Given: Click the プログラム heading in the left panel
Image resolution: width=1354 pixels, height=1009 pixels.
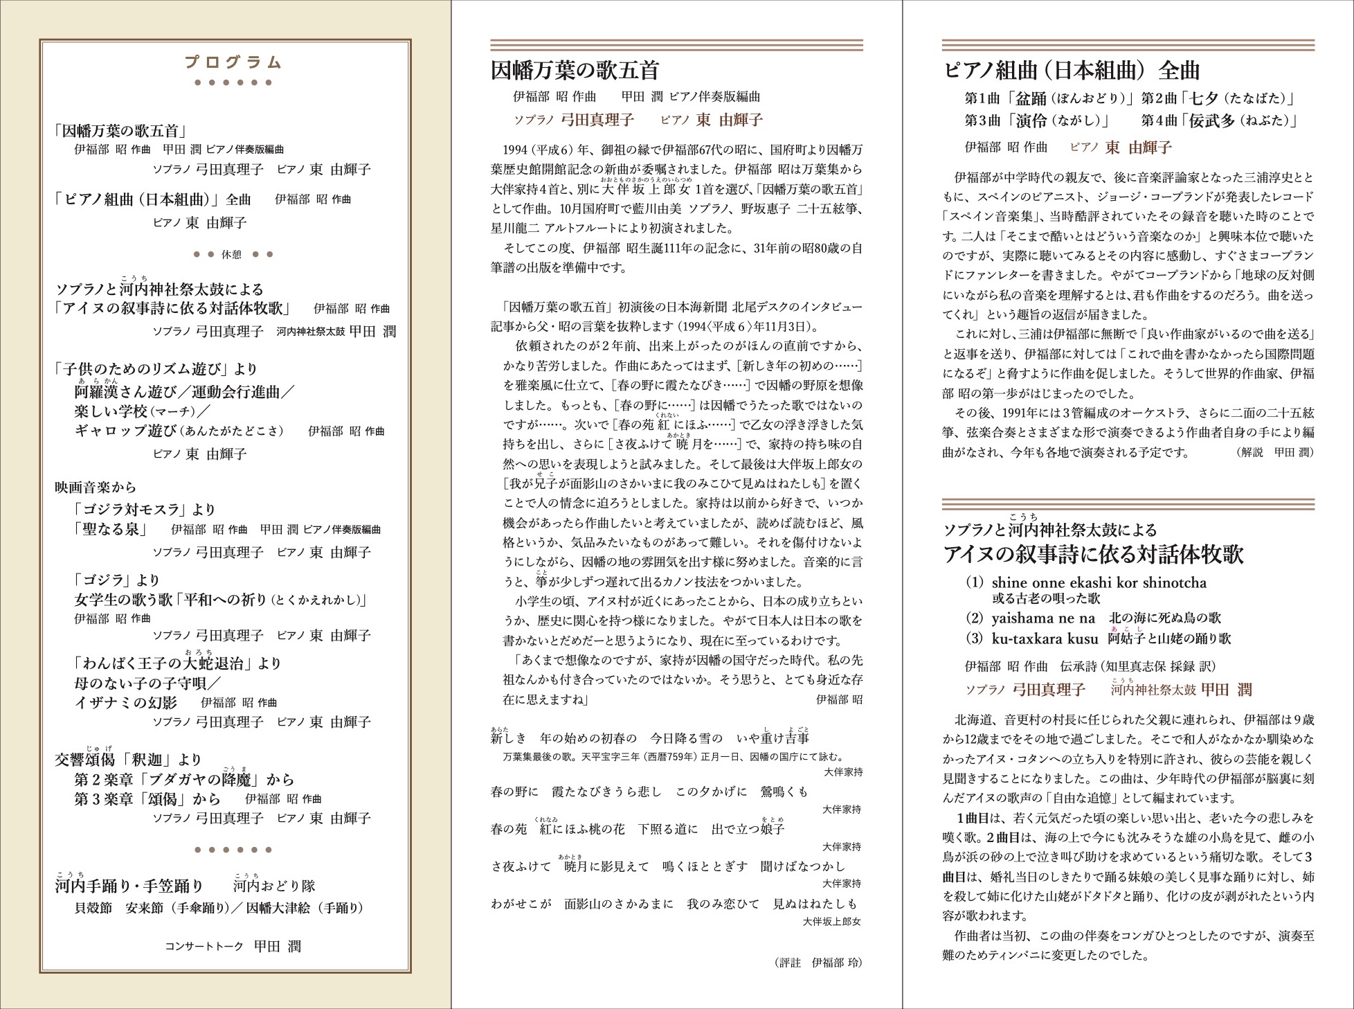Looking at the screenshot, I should [x=233, y=63].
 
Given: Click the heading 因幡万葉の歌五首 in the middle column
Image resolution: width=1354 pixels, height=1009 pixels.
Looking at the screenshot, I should [x=575, y=71].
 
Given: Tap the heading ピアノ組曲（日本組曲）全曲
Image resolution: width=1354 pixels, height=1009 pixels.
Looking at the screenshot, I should [x=1072, y=71].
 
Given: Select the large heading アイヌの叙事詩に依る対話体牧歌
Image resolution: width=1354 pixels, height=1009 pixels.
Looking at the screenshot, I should [x=1093, y=554].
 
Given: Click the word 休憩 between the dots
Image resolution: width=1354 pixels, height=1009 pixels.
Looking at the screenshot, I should [x=231, y=255].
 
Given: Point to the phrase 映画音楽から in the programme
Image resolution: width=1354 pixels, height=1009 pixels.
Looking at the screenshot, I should [x=96, y=488].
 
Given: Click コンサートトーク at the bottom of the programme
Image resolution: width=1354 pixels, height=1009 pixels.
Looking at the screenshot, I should [x=204, y=947].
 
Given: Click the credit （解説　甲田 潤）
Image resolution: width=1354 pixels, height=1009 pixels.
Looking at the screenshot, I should [x=1274, y=452].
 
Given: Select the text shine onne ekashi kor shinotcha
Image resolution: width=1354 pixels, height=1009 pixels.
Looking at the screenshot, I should [x=1099, y=582].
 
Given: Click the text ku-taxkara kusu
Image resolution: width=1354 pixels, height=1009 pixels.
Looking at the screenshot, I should [x=1045, y=639].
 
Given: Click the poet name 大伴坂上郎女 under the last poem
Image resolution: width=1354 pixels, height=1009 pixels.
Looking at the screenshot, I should [x=831, y=922].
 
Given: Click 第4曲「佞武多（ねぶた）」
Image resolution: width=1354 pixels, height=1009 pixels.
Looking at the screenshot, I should [x=1219, y=121].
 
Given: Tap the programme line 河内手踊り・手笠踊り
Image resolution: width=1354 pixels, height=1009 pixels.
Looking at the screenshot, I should [x=129, y=886].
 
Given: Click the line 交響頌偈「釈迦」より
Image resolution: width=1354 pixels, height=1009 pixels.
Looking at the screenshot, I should [x=128, y=760].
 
